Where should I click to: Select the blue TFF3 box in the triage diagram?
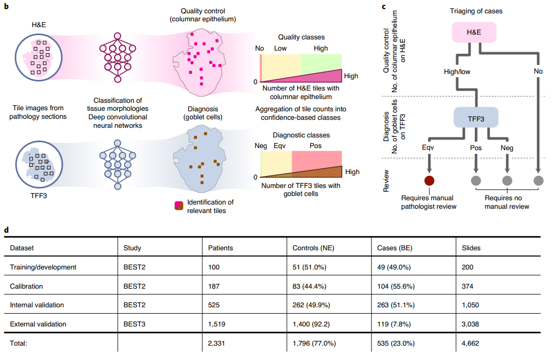[x=475, y=118]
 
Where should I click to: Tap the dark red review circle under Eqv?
[x=429, y=181]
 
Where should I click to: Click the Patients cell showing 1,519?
[x=217, y=324]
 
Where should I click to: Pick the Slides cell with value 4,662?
[x=471, y=343]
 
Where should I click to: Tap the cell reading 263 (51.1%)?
[x=396, y=305]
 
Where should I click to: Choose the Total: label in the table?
[x=20, y=343]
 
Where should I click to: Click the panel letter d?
[x=6, y=230]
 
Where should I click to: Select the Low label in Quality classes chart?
[x=281, y=48]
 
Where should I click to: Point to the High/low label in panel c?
[x=456, y=71]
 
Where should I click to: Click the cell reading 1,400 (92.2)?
[x=314, y=324]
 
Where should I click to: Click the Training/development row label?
[x=43, y=267]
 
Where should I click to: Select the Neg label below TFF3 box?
[x=507, y=148]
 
